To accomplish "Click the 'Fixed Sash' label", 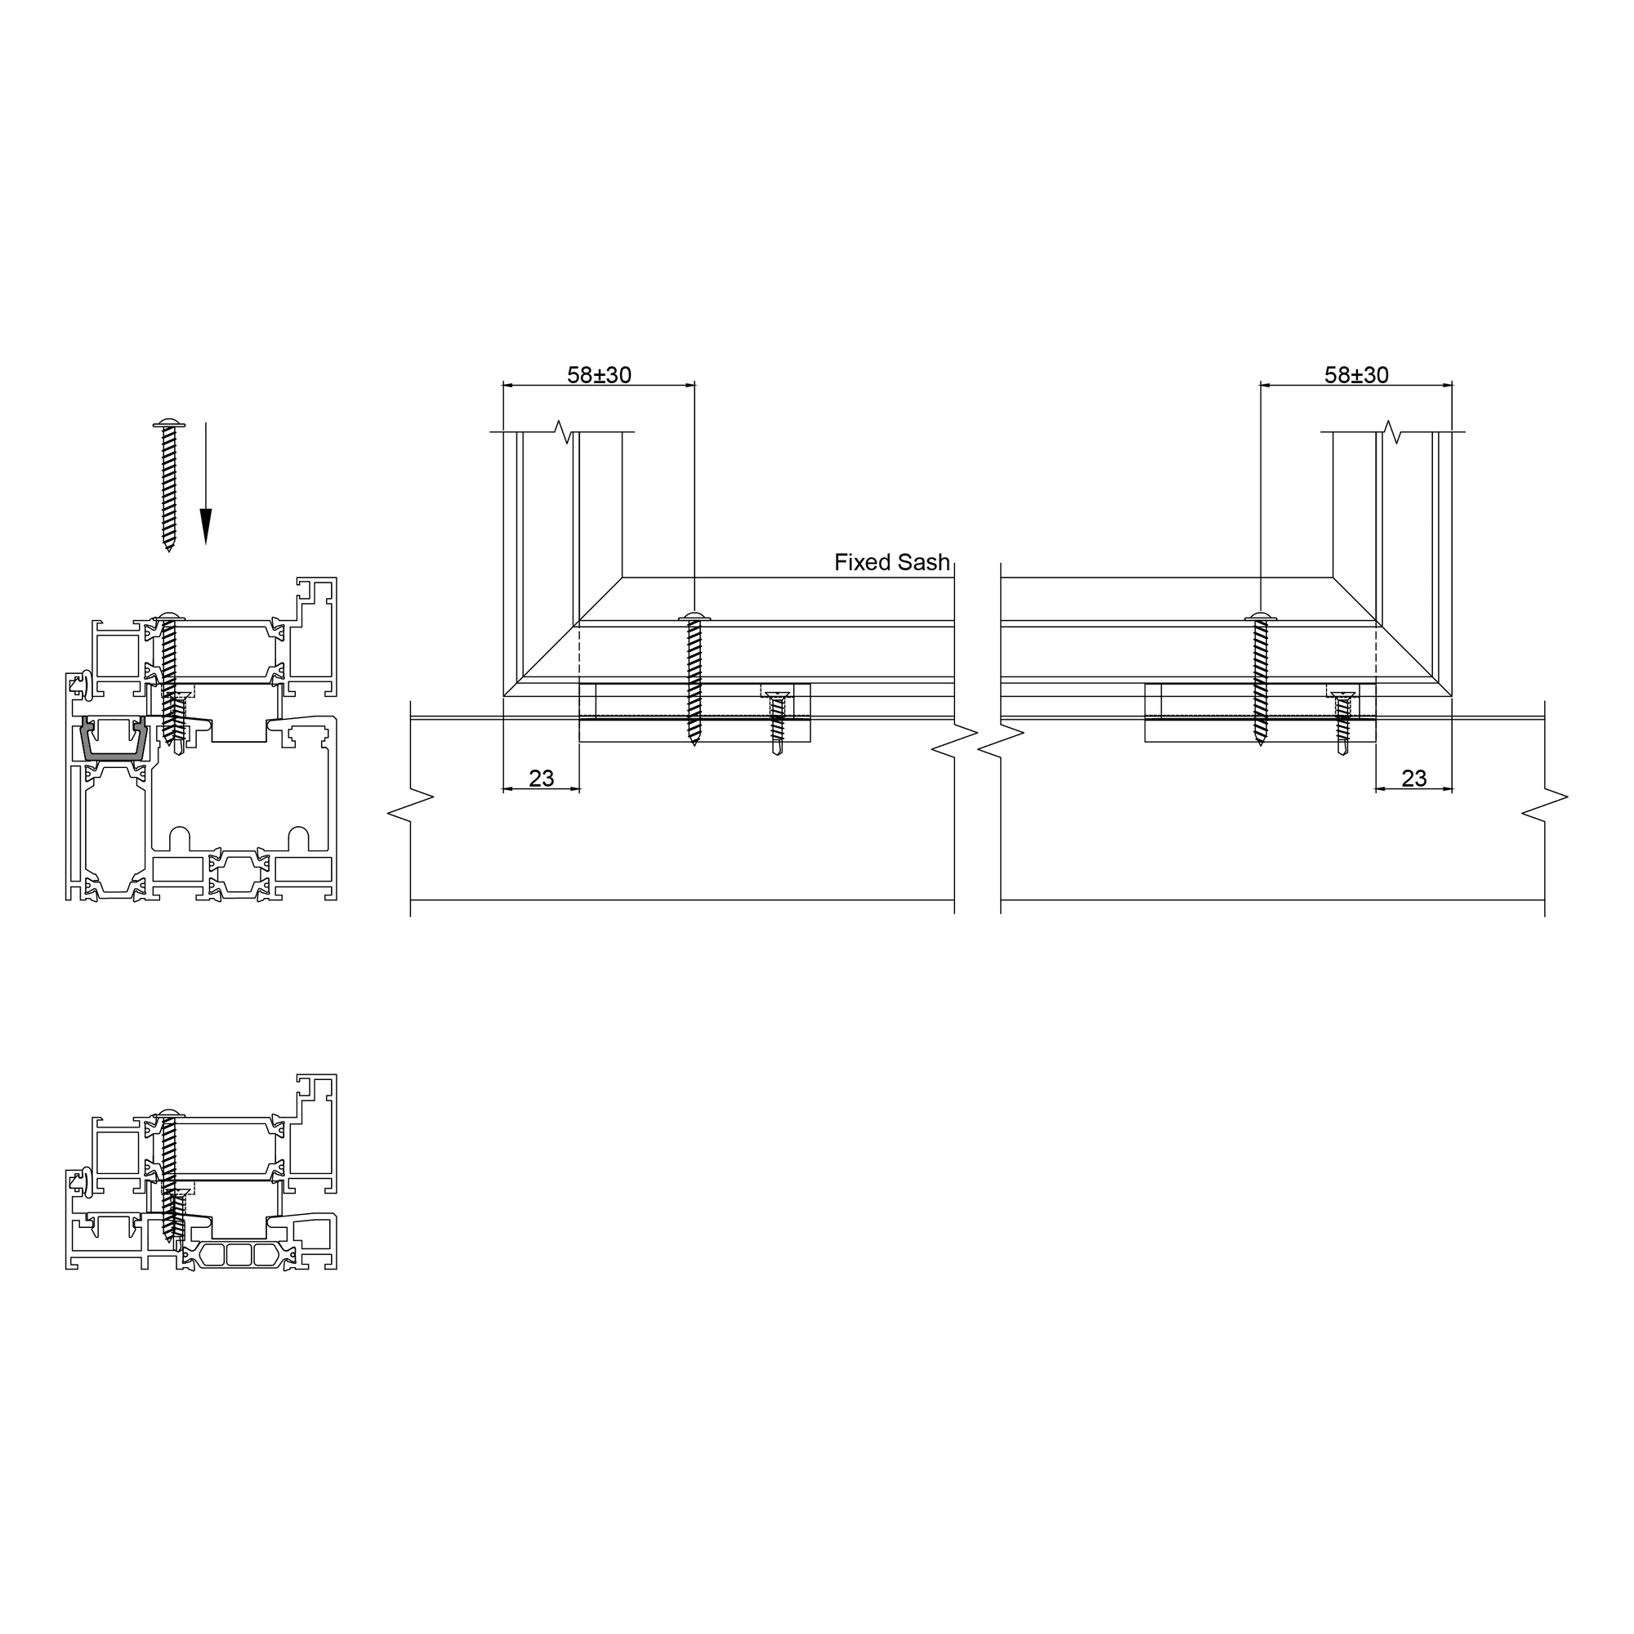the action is coord(892,562).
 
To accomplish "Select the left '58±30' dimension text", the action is coord(599,375).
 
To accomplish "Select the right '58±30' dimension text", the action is coord(1356,375).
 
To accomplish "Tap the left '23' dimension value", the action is coord(542,778).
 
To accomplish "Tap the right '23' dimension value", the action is coord(1414,778).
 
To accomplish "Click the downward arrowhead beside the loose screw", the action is coord(206,526).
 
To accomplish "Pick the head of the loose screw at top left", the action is coord(168,422).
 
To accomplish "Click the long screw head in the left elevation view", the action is coord(694,617).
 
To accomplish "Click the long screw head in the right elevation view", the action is coord(1260,617).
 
